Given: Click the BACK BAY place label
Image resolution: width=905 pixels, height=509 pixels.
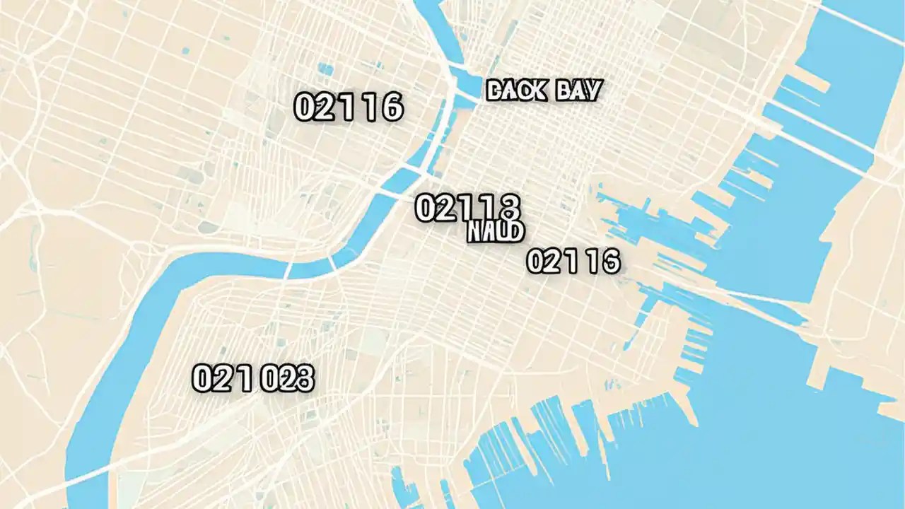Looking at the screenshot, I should [x=544, y=90].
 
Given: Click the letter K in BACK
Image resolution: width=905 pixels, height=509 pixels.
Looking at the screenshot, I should [x=540, y=90].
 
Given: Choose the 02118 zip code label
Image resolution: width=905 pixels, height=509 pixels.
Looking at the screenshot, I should [x=467, y=208].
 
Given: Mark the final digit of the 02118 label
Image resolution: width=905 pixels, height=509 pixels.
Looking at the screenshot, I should [x=510, y=208].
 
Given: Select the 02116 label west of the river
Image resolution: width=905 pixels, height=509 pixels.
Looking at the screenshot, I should [x=348, y=107].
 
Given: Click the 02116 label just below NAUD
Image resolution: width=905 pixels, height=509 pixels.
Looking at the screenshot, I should [x=573, y=262].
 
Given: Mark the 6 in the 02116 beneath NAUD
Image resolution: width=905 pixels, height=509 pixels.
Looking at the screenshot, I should [x=610, y=262].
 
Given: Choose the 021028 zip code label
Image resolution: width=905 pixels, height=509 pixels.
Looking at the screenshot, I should [x=252, y=379].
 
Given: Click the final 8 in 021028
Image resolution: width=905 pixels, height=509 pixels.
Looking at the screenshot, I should [x=304, y=380].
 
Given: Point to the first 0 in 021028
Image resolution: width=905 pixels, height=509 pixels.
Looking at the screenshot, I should [x=202, y=380].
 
